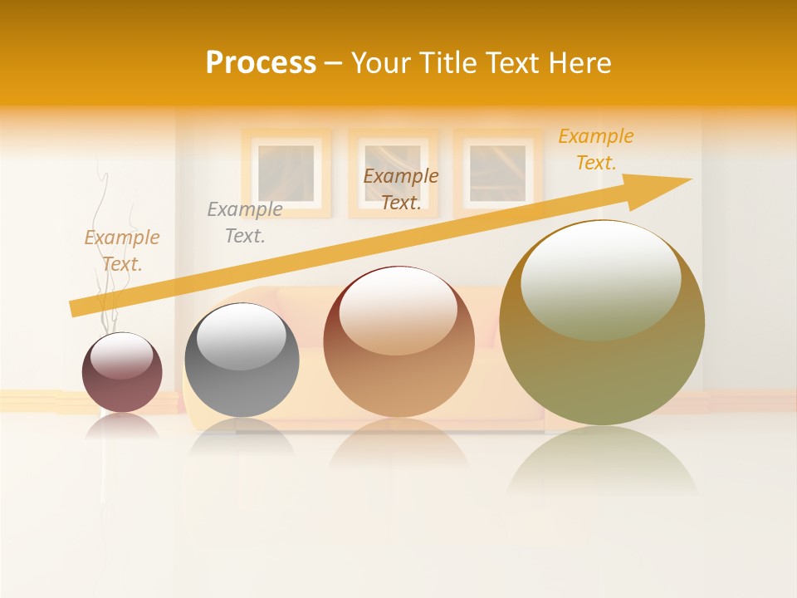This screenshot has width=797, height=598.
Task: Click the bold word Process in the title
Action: pyautogui.click(x=261, y=63)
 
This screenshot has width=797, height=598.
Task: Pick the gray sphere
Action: pyautogui.click(x=242, y=360)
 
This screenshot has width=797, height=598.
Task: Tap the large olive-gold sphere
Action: pyautogui.click(x=602, y=324)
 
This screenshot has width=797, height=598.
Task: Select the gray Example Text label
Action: pyautogui.click(x=245, y=223)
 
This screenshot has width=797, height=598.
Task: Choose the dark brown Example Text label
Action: pyautogui.click(x=401, y=189)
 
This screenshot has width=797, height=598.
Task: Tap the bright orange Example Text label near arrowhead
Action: pyautogui.click(x=595, y=149)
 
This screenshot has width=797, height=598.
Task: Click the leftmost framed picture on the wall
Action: pyautogui.click(x=286, y=173)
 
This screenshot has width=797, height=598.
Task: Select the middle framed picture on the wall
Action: pyautogui.click(x=393, y=173)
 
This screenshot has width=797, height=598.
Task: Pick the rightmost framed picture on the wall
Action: pyautogui.click(x=497, y=173)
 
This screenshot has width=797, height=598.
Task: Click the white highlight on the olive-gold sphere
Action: pyautogui.click(x=600, y=278)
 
